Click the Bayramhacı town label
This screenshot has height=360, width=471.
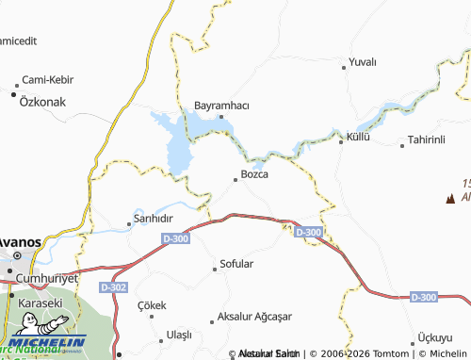coord(220,105)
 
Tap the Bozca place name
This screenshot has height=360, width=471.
coord(255,174)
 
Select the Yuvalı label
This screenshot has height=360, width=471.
coord(362,61)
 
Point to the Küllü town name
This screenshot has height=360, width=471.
coord(359,137)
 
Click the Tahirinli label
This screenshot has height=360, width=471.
coord(425,140)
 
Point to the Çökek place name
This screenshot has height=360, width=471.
coord(152,304)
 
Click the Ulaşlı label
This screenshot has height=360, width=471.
coord(179,335)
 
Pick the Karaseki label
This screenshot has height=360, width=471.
coord(40,303)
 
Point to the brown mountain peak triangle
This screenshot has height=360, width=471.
coord(449,198)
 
